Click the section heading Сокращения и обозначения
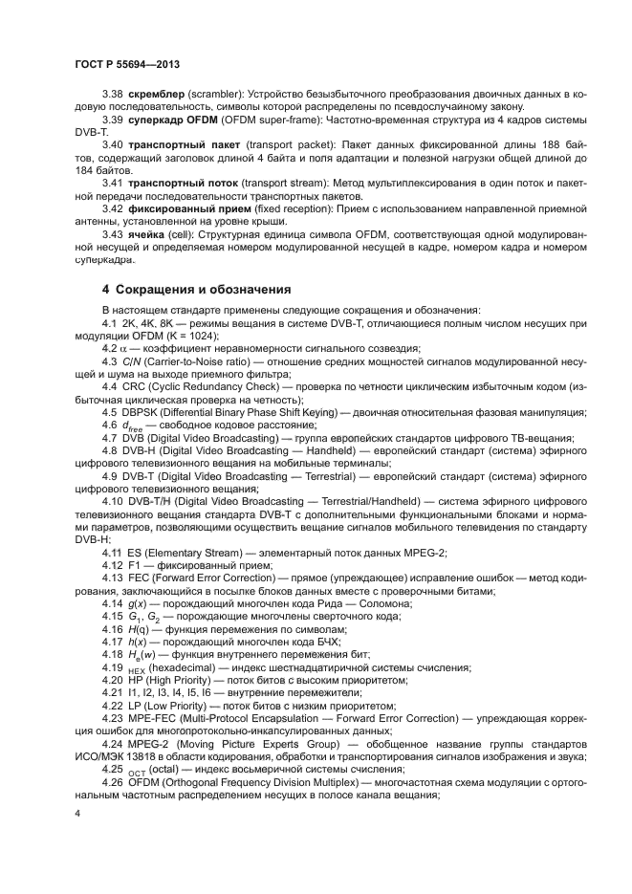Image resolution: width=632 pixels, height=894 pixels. tap(203, 289)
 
